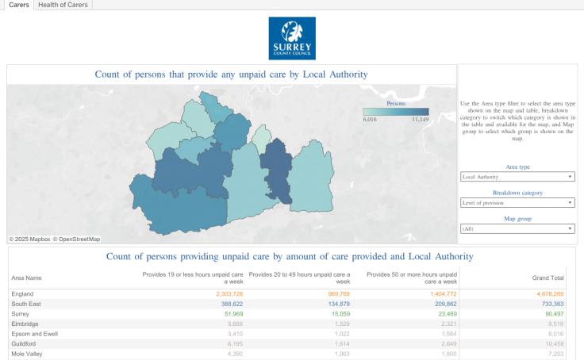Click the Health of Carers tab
63,5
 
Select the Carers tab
19,5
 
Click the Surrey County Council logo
292,38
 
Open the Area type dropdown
517,177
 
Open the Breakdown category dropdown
517,203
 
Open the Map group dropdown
517,229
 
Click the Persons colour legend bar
395,112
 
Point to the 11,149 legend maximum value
420,120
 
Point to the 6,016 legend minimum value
370,120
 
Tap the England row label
23,293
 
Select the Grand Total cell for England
548,293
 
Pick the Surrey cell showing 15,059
336,314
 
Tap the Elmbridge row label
26,324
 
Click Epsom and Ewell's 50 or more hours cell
445,334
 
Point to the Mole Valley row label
28,354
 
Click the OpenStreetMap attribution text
79,239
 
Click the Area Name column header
26,278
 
